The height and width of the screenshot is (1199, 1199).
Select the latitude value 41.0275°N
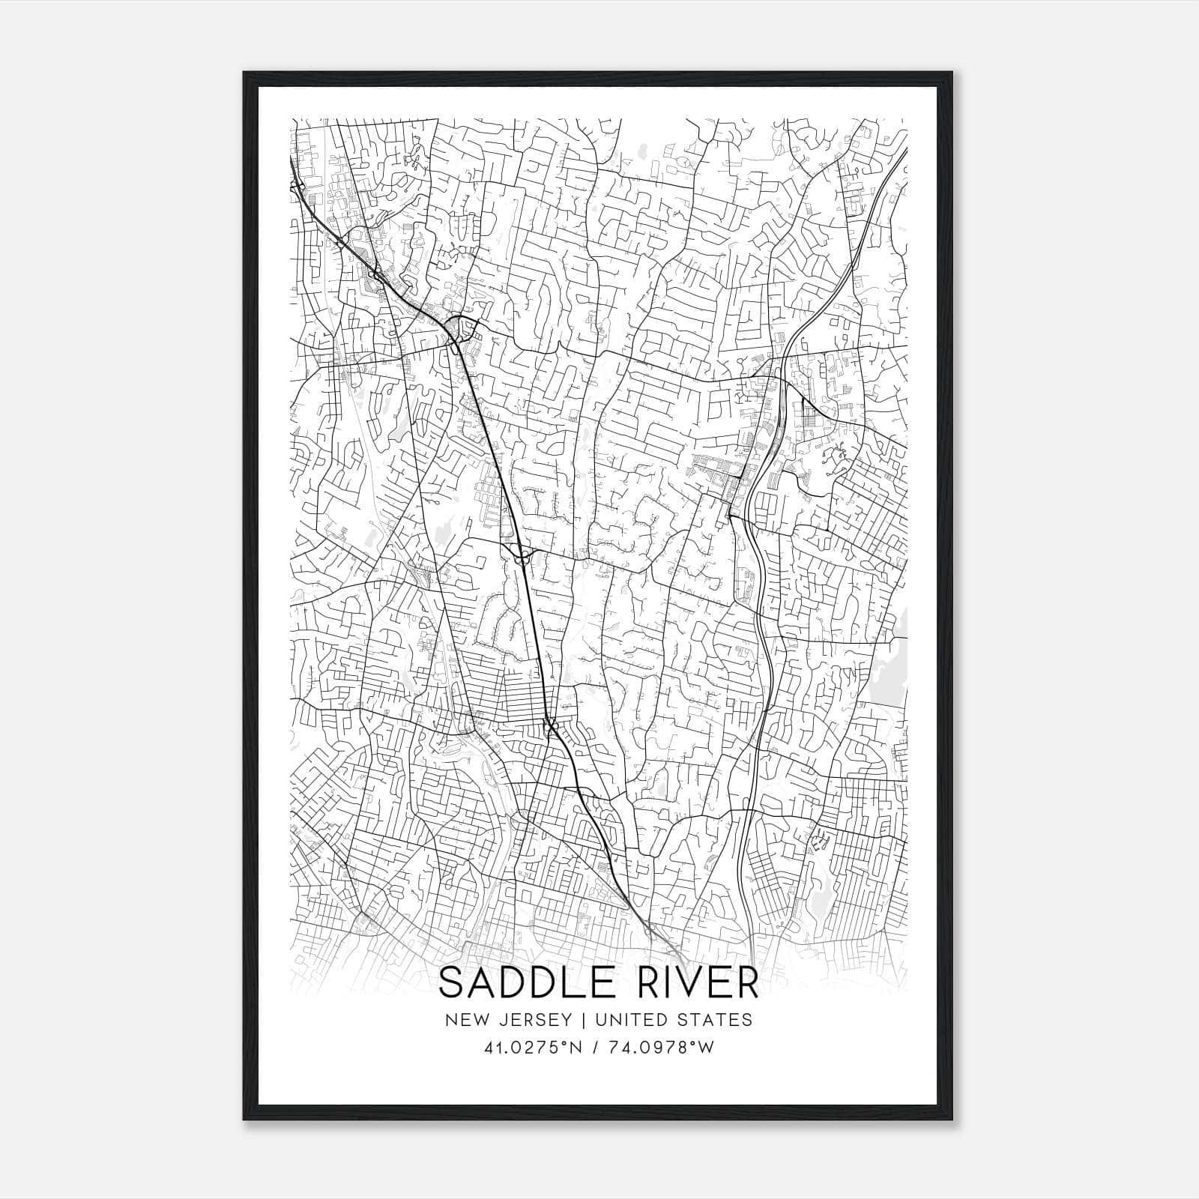pyautogui.click(x=533, y=1048)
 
